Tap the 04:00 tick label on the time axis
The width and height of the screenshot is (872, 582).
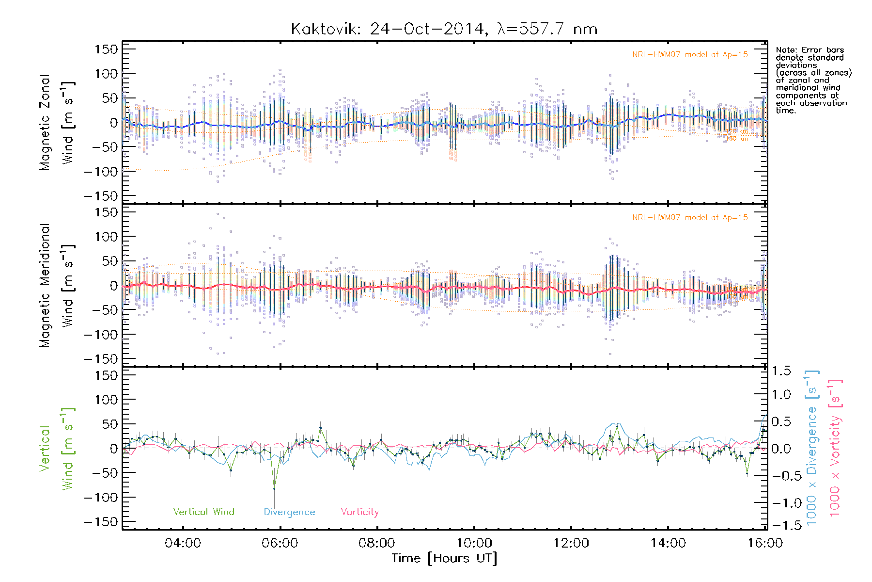coord(183,543)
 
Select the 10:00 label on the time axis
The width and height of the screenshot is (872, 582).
coord(474,543)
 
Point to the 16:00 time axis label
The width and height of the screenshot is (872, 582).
coord(764,543)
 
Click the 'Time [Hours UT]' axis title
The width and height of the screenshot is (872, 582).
coord(444,558)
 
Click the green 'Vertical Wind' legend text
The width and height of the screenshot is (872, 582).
coord(203,512)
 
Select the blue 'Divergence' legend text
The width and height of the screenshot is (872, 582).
coord(289,512)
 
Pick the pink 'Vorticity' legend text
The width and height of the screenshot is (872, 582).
coord(359,512)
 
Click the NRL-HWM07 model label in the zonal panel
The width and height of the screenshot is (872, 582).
coord(690,55)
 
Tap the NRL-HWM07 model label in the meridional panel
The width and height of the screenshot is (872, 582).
coord(690,218)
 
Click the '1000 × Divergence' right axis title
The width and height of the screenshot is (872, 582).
coord(812,448)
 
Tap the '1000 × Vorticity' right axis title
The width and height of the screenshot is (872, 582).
coord(835,448)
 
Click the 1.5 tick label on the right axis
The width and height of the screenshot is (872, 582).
coord(781,371)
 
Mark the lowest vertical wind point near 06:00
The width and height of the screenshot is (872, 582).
coord(274,488)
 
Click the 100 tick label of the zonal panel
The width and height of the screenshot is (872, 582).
coord(106,74)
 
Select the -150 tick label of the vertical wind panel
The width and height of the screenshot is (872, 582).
coord(101,522)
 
